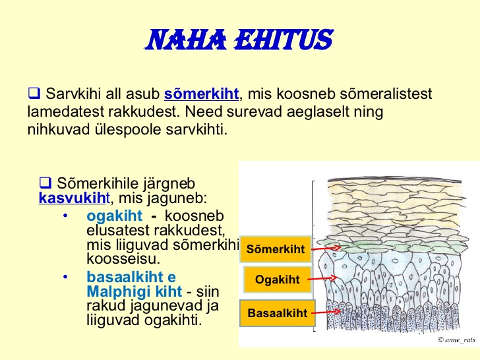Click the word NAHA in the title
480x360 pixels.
coord(186,40)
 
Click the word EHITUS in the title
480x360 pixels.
coord(284,40)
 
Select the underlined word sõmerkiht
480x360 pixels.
coord(201,94)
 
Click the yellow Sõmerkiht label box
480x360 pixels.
coord(276,249)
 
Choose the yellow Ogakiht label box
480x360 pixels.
coord(278,280)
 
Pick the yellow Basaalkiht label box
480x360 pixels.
coord(278,313)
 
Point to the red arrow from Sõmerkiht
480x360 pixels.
coord(326,249)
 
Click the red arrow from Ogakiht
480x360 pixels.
coord(322,278)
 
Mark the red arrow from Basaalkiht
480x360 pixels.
coord(326,313)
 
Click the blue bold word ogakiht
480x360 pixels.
coord(114,216)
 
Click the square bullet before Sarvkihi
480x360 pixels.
coord(34,93)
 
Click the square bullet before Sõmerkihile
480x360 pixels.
coord(45,183)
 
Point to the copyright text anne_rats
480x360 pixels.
coord(456,340)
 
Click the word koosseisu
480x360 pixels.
coord(123,259)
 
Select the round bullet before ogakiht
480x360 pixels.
coord(65,216)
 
